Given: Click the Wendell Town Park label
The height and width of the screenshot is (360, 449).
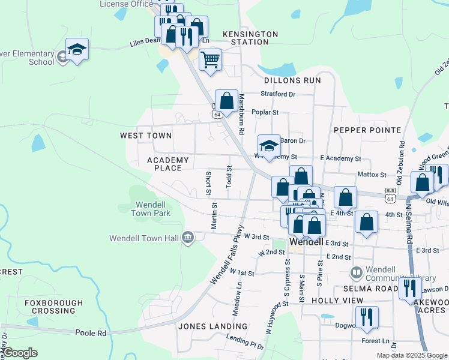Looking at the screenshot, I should (x=151, y=209).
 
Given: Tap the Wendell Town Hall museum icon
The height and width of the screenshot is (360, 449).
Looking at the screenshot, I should (x=188, y=238).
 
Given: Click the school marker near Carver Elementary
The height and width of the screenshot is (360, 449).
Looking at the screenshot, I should (x=77, y=49).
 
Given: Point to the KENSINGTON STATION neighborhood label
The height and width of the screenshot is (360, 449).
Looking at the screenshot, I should (x=250, y=38).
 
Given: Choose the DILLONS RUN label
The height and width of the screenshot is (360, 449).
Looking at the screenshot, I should (x=292, y=80).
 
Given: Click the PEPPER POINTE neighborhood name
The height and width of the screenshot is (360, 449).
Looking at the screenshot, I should (x=367, y=130).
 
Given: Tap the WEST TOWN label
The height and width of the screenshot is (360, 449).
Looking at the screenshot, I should (x=146, y=136).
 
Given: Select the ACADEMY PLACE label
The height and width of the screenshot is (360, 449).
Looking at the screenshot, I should (x=168, y=164).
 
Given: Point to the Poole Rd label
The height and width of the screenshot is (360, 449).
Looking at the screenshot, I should (x=91, y=332).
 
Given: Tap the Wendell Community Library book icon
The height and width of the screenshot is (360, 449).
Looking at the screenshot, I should (x=357, y=272).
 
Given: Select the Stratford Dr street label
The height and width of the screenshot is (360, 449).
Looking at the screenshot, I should (x=278, y=94).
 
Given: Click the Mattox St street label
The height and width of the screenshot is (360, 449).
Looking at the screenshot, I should (x=371, y=174).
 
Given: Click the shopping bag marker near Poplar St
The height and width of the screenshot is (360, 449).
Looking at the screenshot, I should (x=227, y=101).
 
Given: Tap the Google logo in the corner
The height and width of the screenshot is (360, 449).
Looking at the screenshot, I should (x=20, y=353).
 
